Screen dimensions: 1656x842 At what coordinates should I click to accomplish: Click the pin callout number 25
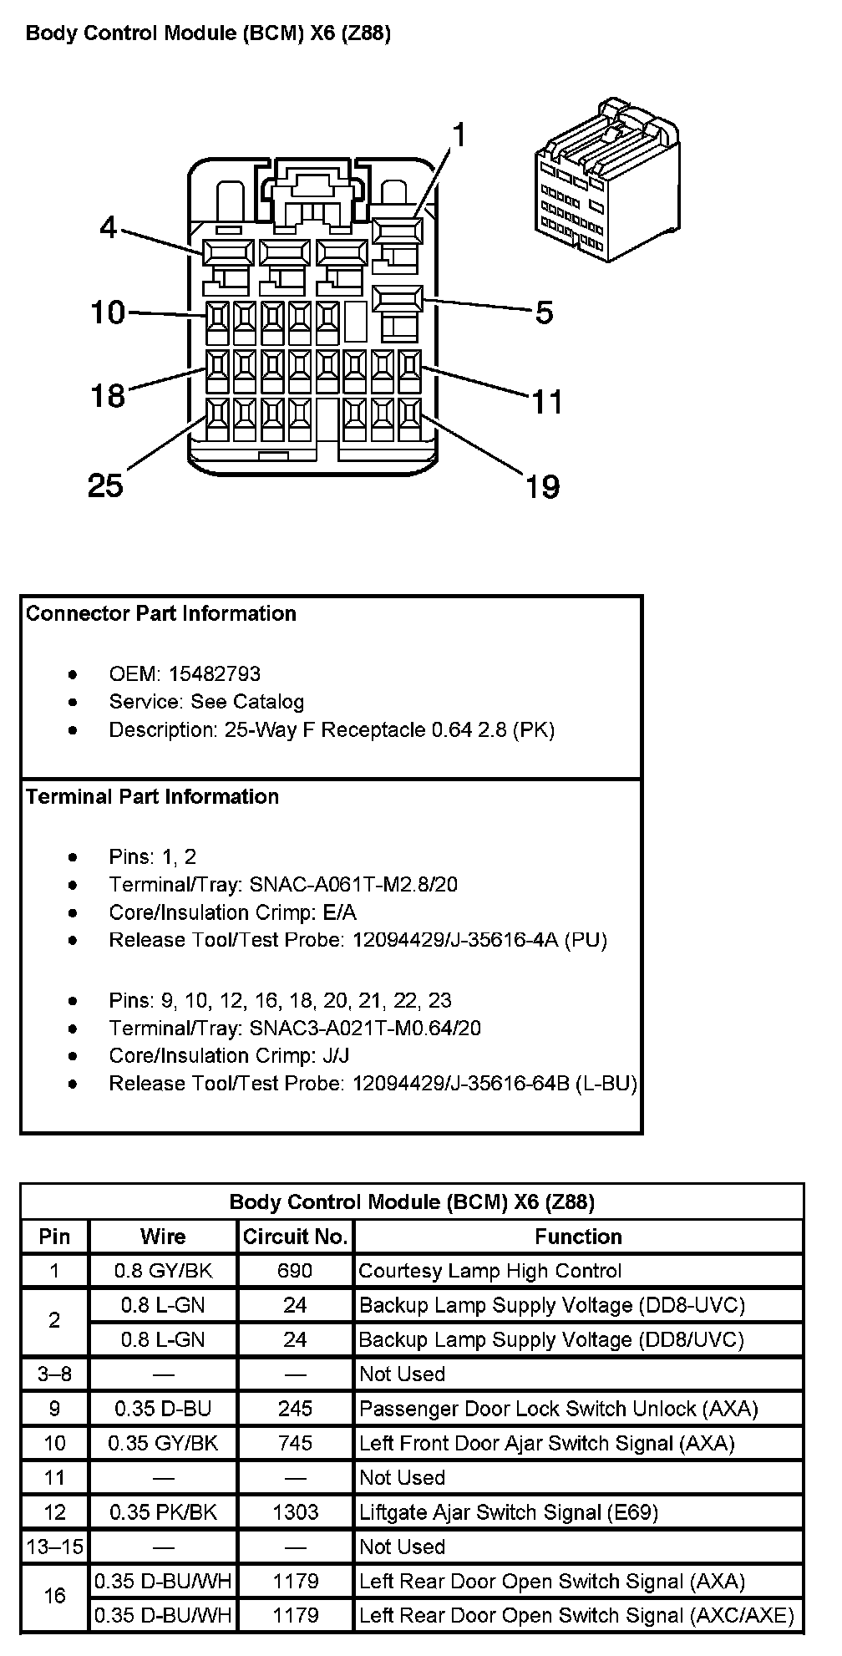(x=105, y=485)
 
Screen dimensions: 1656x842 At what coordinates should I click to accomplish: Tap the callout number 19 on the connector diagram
(x=542, y=485)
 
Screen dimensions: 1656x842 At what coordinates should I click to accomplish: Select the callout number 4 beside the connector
(x=109, y=226)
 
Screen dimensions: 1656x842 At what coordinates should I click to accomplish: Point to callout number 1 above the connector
(x=459, y=135)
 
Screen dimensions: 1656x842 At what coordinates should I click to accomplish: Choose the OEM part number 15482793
(x=215, y=673)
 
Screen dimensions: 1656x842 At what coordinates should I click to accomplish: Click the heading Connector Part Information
(x=161, y=613)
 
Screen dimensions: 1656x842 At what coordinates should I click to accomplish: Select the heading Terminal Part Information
(x=153, y=796)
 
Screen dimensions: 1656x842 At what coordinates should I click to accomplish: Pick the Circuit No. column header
(x=295, y=1237)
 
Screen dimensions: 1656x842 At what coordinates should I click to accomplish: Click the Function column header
(x=578, y=1237)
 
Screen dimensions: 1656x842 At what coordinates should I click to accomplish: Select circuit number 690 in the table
(x=295, y=1271)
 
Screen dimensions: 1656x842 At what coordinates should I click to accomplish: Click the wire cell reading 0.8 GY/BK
(x=163, y=1271)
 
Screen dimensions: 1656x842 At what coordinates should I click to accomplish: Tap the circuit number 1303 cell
(x=295, y=1511)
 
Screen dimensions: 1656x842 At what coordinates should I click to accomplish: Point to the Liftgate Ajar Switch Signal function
(x=508, y=1511)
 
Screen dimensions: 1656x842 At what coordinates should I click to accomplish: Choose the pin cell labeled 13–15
(x=54, y=1546)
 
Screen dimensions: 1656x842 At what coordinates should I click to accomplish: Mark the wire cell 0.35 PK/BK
(x=163, y=1511)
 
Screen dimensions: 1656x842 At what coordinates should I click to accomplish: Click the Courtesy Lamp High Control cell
(x=489, y=1271)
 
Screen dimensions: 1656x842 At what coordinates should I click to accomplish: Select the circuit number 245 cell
(x=295, y=1408)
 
